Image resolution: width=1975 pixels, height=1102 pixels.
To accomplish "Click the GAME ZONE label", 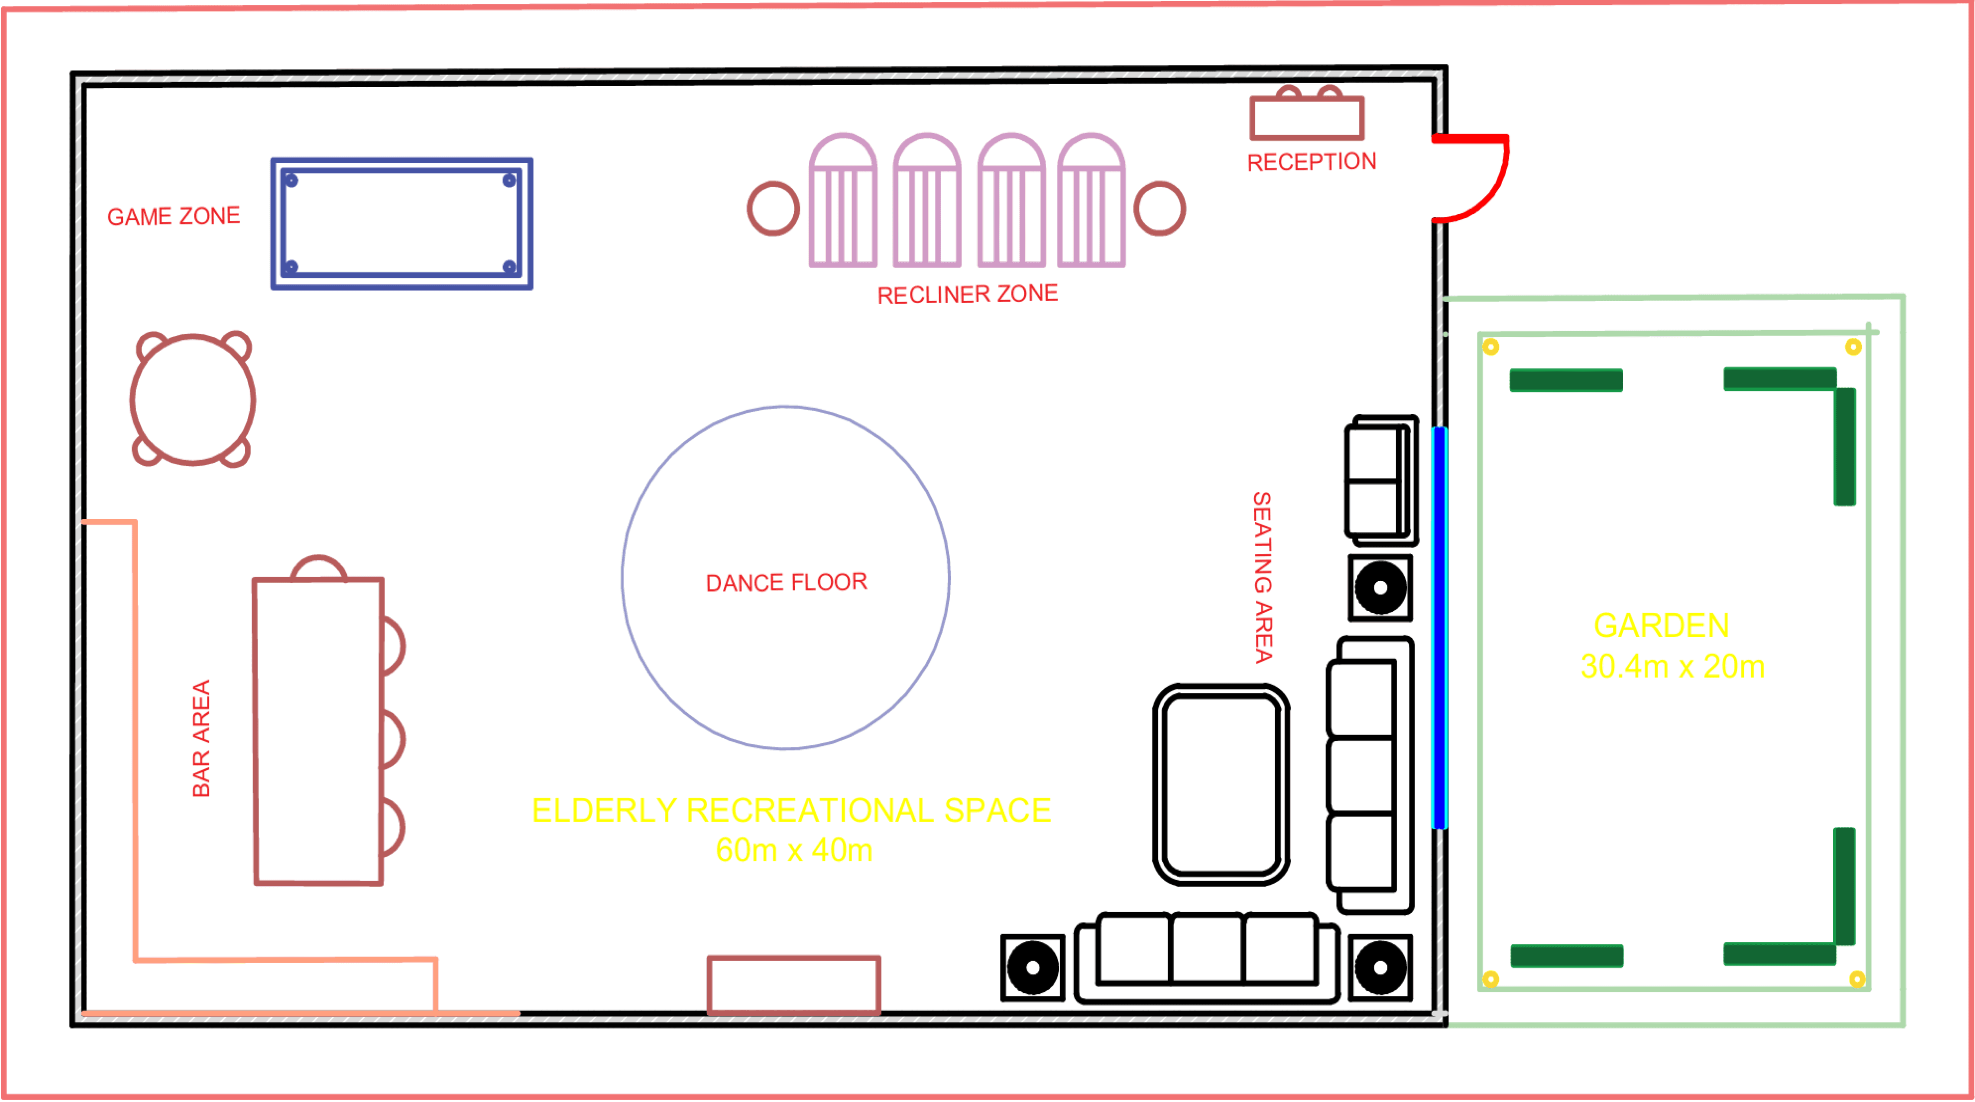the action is pyautogui.click(x=173, y=216).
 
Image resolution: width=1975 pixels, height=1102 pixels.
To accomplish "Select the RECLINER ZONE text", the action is pyautogui.click(x=968, y=294).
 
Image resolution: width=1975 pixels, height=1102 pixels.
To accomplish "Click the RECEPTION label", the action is pyautogui.click(x=1312, y=162).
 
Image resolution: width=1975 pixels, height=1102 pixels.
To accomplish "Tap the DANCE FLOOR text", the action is pyautogui.click(x=787, y=583).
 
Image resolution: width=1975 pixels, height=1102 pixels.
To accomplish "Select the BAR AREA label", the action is pyautogui.click(x=201, y=739).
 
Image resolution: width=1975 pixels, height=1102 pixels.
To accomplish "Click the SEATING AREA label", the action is pyautogui.click(x=1263, y=578).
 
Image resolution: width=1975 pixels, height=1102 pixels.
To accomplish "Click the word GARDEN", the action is pyautogui.click(x=1661, y=626).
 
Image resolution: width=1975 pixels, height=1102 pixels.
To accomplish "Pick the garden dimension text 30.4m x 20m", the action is pyautogui.click(x=1673, y=666).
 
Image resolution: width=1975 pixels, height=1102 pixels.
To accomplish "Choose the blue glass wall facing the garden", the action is pyautogui.click(x=1439, y=628).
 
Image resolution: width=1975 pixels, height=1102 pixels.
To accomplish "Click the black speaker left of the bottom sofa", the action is pyautogui.click(x=1033, y=968).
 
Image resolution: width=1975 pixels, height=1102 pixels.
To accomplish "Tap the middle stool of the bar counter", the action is pyautogui.click(x=393, y=740).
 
